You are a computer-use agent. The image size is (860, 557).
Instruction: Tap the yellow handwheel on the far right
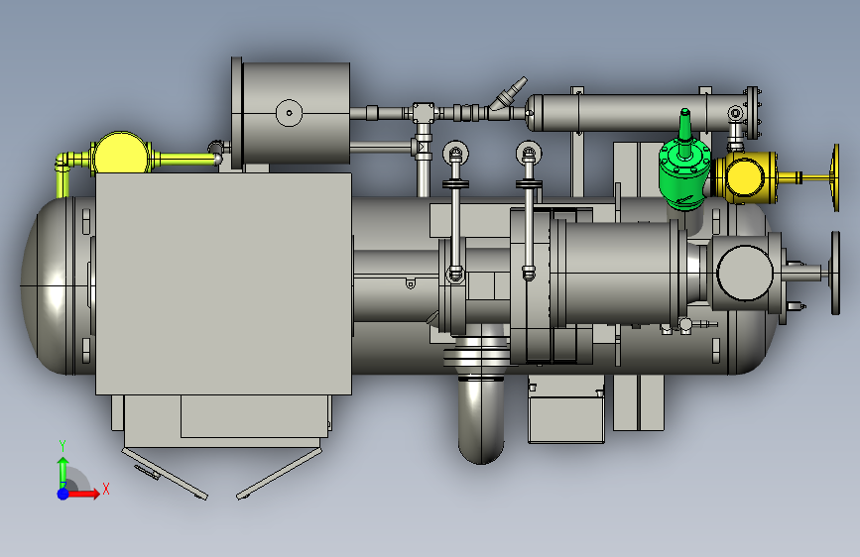[835, 177]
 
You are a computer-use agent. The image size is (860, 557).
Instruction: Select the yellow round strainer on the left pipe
[121, 154]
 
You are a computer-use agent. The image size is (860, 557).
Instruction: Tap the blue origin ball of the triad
[63, 494]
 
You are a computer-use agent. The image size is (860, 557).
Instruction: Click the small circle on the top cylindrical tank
[289, 113]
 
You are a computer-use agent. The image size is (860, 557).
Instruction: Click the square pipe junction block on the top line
[424, 113]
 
